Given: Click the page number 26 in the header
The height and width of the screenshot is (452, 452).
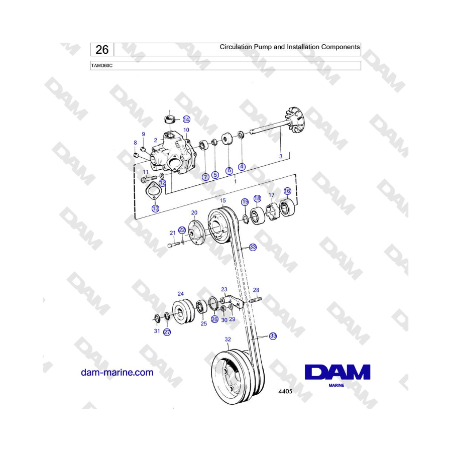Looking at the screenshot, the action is click(x=102, y=50).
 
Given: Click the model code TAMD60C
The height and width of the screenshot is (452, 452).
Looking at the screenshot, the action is click(x=102, y=66).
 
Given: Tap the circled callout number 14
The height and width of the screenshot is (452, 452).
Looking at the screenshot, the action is click(x=186, y=120).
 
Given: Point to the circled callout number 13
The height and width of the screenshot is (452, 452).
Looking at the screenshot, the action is click(x=155, y=208).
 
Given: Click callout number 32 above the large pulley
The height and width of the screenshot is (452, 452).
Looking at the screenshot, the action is click(x=228, y=340).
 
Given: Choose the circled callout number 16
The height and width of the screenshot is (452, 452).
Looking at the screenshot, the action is click(x=287, y=191).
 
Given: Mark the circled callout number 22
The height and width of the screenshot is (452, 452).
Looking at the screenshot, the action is click(x=182, y=230).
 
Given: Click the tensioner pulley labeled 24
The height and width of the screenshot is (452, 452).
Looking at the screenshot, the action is click(x=183, y=312).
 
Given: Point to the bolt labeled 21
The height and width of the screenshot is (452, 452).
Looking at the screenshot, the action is click(x=174, y=245).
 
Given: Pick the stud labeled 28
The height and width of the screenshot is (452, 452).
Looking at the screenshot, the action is click(x=256, y=300).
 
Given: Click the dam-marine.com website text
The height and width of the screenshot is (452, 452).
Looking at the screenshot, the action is click(x=117, y=372).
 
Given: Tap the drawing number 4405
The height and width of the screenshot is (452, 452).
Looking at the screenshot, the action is click(x=285, y=391).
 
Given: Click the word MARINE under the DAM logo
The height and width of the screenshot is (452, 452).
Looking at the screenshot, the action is click(x=336, y=385).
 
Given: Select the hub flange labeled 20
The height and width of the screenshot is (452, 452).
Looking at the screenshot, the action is click(x=196, y=233).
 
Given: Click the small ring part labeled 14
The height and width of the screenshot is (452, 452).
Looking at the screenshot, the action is click(x=170, y=119).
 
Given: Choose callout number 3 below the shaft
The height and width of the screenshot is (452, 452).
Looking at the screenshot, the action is click(x=281, y=156).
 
